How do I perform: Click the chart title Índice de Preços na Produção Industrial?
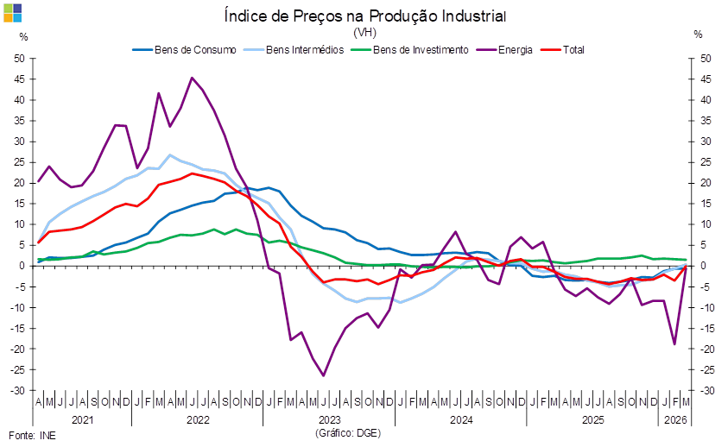point(364,16)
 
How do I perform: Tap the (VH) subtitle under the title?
point(364,33)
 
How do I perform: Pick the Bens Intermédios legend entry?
point(293,50)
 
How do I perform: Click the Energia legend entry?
point(514,50)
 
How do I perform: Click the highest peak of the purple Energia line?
point(191,78)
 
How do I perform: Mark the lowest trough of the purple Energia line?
point(323,375)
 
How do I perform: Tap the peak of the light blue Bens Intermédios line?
point(170,155)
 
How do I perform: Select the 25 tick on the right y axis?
point(706,162)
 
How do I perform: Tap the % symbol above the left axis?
point(23,35)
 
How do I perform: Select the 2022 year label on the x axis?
point(197,420)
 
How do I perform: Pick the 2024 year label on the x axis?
point(460,420)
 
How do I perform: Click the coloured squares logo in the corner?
point(13,12)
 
